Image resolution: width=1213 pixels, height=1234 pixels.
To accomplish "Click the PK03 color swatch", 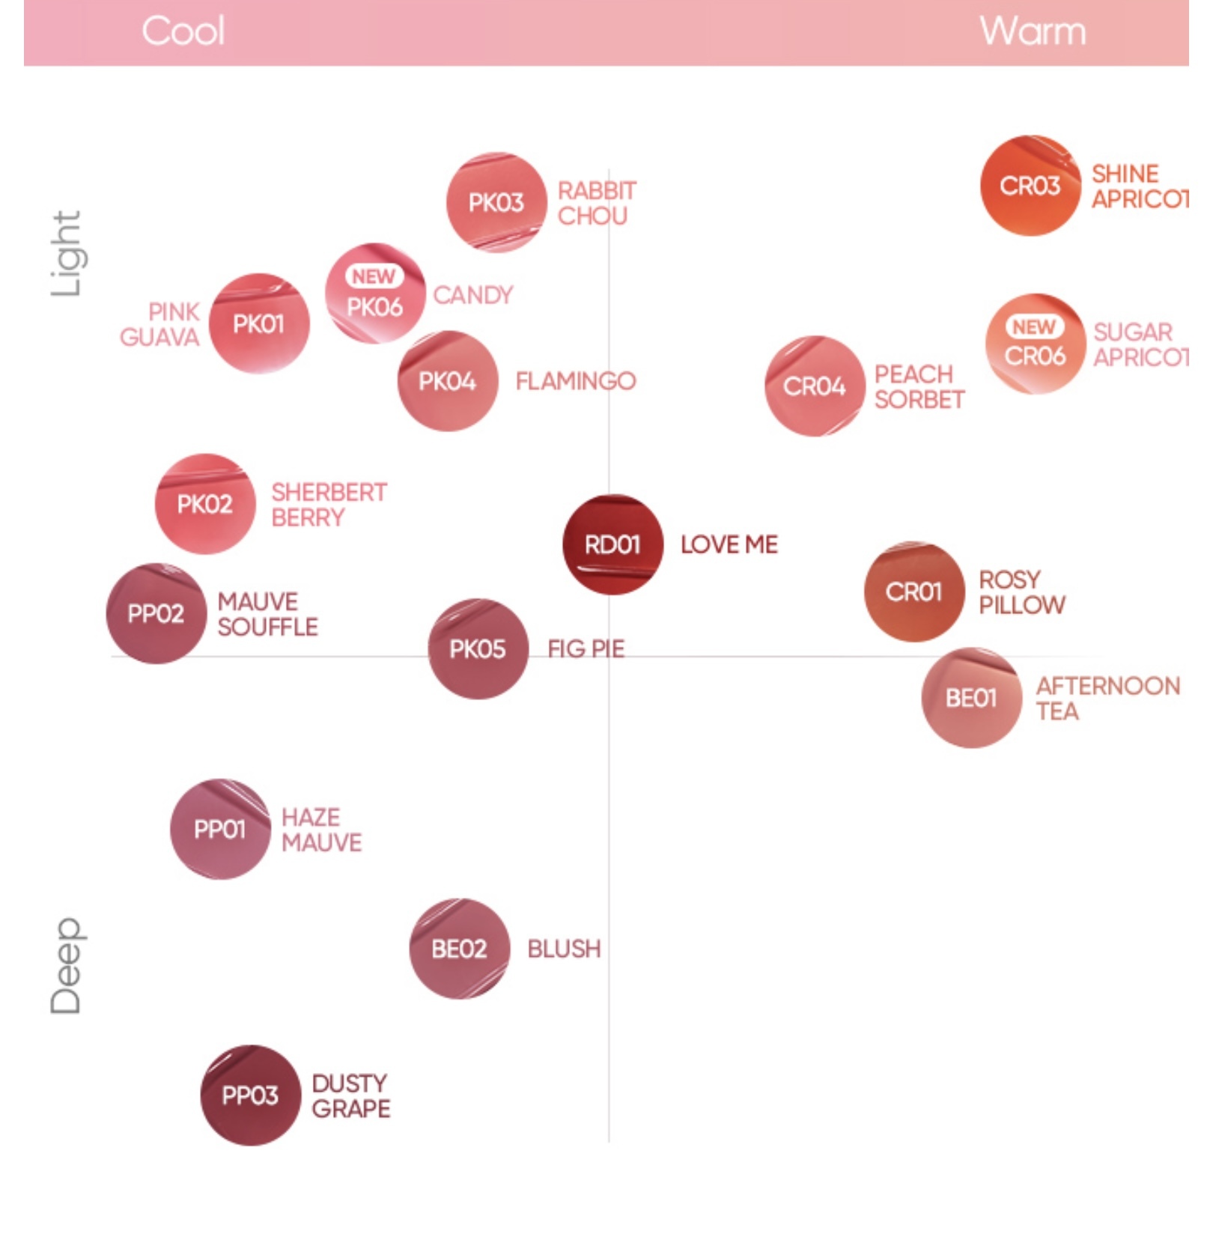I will [x=496, y=202].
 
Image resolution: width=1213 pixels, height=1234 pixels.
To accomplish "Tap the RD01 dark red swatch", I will [x=612, y=544].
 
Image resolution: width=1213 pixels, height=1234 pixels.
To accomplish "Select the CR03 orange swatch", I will [x=1030, y=186].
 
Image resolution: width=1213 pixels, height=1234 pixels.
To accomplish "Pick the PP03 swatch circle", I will [x=250, y=1095].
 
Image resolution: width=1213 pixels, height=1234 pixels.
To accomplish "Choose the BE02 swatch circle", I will [x=459, y=949].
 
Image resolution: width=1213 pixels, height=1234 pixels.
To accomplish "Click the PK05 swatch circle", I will [x=478, y=648].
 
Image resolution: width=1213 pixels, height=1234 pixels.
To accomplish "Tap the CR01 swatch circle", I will [x=913, y=592].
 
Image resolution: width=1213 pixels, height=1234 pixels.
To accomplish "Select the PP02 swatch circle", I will [x=156, y=613].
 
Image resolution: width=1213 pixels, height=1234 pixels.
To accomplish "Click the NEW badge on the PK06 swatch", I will [x=374, y=276].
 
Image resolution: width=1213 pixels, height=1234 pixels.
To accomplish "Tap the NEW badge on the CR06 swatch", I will [x=1034, y=327].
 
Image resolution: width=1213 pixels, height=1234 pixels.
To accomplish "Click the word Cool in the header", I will [x=183, y=31].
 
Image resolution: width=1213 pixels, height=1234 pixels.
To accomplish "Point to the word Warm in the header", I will [x=1033, y=31].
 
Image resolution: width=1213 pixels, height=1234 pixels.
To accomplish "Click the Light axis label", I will [x=66, y=253].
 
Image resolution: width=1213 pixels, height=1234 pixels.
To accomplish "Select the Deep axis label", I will [x=66, y=966].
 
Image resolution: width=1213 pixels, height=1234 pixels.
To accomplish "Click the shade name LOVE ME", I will [x=729, y=544].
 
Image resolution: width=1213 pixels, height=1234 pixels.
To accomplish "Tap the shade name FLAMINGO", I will [x=575, y=381].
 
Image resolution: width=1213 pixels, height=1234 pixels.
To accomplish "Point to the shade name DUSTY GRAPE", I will [x=350, y=1096].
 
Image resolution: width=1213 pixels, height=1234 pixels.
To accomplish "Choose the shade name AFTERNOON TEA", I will [x=1107, y=698].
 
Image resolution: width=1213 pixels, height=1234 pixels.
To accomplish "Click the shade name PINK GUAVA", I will [x=160, y=324].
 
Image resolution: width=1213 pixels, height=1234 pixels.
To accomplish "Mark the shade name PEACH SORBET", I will [x=919, y=386].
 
